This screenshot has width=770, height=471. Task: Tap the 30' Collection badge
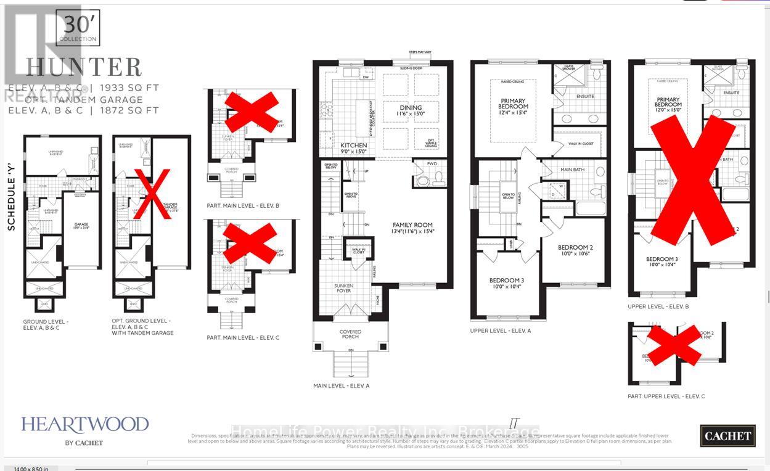tap(78, 28)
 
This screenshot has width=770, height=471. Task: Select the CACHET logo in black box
tap(727, 436)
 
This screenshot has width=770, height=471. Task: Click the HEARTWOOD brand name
tap(85, 424)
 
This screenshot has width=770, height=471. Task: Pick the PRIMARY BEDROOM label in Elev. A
tap(514, 102)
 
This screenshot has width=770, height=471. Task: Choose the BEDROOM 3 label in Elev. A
tap(507, 283)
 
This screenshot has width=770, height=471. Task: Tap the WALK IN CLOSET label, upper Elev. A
tap(582, 143)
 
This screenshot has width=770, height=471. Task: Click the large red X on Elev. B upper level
tap(693, 179)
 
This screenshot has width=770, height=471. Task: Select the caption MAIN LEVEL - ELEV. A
tap(341, 386)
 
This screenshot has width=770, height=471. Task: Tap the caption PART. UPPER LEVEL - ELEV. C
tap(666, 396)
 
